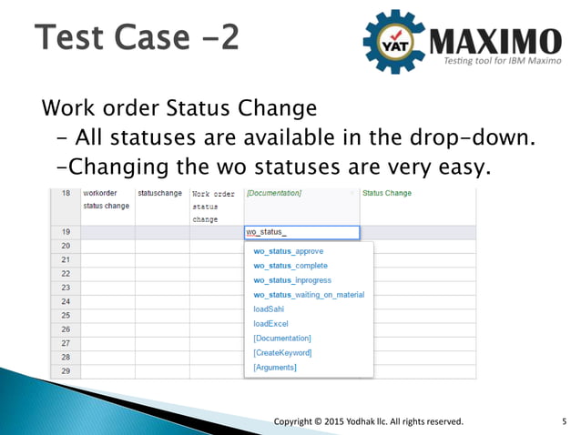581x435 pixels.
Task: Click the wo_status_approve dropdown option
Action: [288, 251]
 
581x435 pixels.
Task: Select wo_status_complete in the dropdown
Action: [290, 266]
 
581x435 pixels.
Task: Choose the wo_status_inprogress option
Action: [291, 280]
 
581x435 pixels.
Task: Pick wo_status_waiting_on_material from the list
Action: [308, 295]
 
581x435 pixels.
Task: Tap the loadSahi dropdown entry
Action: [270, 309]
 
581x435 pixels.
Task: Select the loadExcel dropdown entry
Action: [271, 323]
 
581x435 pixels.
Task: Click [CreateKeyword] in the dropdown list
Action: [282, 352]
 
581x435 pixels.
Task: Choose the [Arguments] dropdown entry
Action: [275, 367]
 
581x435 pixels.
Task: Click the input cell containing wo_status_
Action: [301, 232]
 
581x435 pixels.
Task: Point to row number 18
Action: [66, 194]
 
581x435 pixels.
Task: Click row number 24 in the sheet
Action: [66, 301]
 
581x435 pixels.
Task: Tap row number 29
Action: [66, 371]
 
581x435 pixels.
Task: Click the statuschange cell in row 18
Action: [159, 194]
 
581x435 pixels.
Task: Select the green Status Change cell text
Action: [387, 194]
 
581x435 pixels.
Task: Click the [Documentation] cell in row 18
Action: [274, 194]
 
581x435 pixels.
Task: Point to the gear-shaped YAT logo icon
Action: [394, 41]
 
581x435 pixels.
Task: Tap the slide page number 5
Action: [565, 421]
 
